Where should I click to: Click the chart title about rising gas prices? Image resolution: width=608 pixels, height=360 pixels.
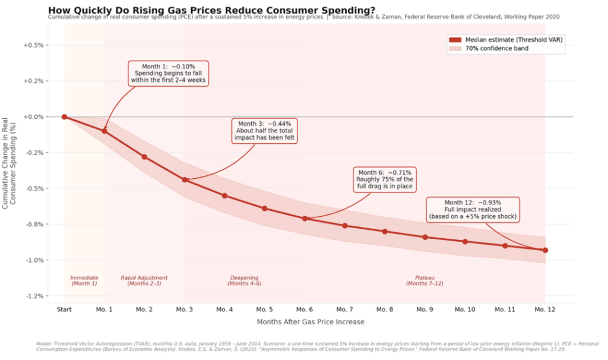click(x=211, y=10)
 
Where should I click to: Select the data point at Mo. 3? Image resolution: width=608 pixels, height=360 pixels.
click(x=185, y=179)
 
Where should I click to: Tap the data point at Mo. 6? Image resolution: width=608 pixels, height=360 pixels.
click(x=305, y=219)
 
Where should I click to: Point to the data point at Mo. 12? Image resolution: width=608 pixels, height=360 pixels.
click(x=545, y=250)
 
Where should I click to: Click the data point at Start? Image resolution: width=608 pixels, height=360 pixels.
click(x=64, y=117)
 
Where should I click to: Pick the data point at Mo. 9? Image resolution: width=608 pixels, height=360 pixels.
click(x=425, y=237)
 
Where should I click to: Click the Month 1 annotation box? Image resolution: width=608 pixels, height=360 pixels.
click(x=168, y=73)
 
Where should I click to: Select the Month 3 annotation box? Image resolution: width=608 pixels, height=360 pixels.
click(x=265, y=130)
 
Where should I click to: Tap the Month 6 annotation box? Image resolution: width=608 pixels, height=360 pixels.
click(x=384, y=179)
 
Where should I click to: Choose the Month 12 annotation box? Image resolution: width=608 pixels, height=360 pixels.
click(x=473, y=210)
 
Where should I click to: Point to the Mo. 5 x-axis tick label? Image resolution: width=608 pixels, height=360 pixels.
click(x=264, y=310)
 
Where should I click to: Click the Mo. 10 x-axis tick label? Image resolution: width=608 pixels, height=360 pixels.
click(x=464, y=310)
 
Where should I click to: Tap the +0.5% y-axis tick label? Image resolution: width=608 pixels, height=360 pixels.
click(x=35, y=45)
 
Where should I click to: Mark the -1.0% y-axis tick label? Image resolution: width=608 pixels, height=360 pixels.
click(x=35, y=260)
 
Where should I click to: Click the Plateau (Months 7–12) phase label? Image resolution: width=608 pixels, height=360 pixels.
click(x=425, y=280)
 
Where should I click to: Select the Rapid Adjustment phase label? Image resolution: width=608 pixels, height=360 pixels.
click(x=144, y=280)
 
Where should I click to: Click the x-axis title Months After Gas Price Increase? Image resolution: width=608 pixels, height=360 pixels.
click(x=311, y=322)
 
